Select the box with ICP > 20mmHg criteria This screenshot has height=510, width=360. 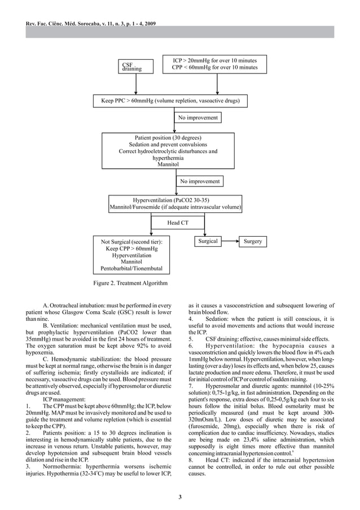(x=214, y=64)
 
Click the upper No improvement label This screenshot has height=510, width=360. (x=197, y=117)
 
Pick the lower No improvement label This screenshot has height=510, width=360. (x=200, y=181)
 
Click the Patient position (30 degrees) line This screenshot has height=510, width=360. (x=168, y=138)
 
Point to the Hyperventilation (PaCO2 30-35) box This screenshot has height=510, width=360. (x=175, y=204)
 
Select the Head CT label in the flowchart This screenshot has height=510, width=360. (x=177, y=223)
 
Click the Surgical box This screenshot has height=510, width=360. (x=208, y=242)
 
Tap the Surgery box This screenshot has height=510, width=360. (x=252, y=242)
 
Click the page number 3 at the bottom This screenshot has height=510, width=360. (x=180, y=496)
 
